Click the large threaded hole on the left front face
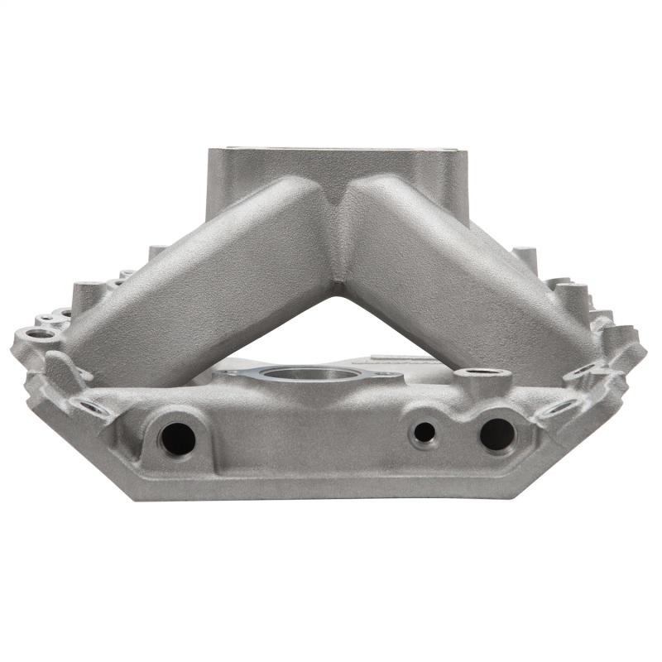tap(177, 437)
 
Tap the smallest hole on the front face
tap(425, 432)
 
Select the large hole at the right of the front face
tap(496, 434)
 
